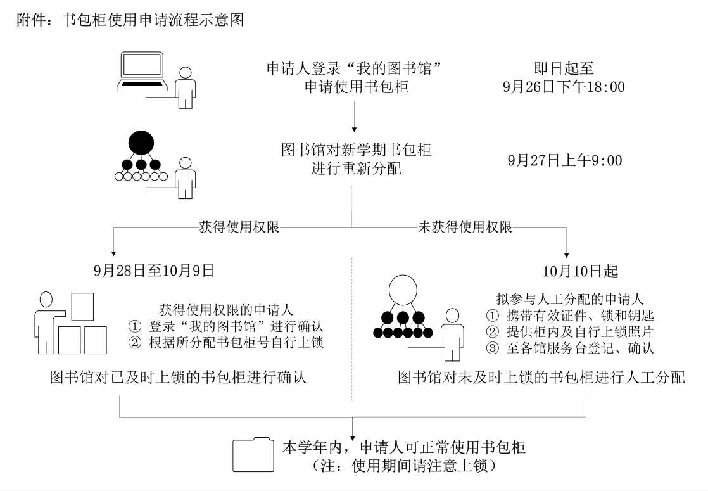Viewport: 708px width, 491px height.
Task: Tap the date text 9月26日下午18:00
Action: (x=564, y=87)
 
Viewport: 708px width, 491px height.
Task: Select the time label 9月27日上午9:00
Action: (x=564, y=161)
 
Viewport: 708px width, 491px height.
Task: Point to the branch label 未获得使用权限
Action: (x=465, y=226)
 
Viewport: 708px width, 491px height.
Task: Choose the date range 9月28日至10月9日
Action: (x=154, y=271)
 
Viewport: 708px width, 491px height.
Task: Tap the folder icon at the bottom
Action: (x=253, y=454)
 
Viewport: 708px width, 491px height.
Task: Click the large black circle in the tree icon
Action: (x=141, y=143)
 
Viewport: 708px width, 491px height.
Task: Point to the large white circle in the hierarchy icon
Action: (x=403, y=291)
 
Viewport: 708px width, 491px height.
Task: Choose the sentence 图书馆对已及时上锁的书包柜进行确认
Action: (x=179, y=378)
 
